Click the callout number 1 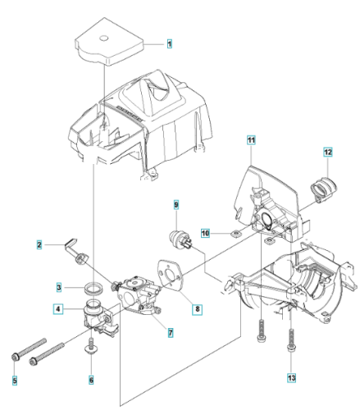point(170,43)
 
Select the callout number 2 point(39,244)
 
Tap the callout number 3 point(59,287)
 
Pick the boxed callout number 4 point(58,309)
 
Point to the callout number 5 point(15,380)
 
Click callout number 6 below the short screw point(91,380)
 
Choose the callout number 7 point(171,333)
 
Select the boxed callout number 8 point(198,309)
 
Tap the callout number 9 point(176,204)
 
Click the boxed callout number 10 point(205,233)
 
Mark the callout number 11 point(251,140)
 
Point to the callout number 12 point(328,152)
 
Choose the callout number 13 point(291,378)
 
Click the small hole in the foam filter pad point(103,38)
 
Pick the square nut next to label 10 point(235,234)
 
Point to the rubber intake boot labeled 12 point(324,189)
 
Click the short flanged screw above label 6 point(92,345)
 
